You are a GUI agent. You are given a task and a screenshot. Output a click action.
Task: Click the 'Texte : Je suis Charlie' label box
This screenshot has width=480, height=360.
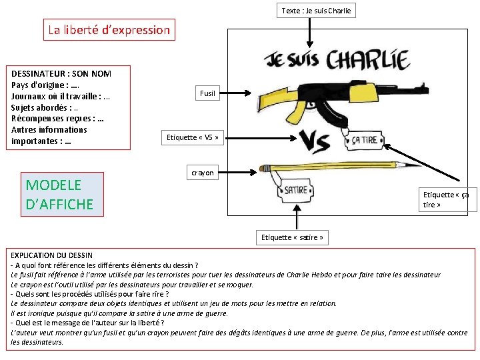[316, 10]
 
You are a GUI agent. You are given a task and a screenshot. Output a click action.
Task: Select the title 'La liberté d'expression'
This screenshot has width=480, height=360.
[109, 30]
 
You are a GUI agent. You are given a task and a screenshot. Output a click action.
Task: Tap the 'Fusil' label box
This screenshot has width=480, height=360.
[207, 93]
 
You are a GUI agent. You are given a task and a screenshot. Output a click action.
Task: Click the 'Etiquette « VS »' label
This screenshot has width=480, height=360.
[192, 137]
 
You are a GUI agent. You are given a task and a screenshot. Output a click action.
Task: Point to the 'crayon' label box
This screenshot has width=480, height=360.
[203, 173]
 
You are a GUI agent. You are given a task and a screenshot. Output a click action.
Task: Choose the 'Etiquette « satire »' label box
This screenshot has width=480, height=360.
[292, 237]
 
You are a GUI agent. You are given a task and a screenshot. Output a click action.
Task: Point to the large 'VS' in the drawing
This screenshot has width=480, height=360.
[319, 139]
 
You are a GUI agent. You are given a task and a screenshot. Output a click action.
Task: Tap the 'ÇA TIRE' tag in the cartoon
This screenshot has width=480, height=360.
[364, 139]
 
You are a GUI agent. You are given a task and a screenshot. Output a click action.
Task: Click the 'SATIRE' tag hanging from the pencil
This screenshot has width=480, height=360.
[297, 190]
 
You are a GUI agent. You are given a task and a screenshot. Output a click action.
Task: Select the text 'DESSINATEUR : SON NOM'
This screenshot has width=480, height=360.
[61, 73]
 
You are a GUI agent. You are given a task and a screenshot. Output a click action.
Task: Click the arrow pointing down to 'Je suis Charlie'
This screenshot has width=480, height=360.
[309, 30]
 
